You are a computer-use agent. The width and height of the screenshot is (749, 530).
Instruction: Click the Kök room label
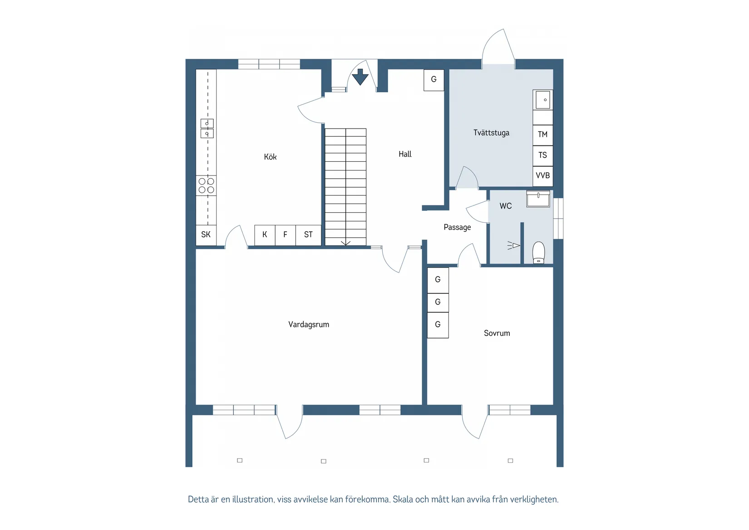click(270, 157)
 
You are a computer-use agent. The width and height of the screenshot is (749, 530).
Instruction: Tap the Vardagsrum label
click(309, 325)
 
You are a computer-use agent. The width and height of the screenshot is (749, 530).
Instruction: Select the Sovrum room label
click(497, 333)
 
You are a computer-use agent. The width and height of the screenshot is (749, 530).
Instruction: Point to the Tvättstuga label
click(491, 133)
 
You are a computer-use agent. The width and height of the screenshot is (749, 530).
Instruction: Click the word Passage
click(457, 227)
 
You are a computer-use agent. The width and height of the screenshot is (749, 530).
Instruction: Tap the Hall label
click(405, 154)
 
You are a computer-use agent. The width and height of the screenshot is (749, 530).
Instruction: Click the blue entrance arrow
click(360, 77)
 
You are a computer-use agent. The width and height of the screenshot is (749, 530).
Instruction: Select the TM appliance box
click(543, 135)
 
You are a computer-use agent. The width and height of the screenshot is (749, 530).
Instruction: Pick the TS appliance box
click(543, 155)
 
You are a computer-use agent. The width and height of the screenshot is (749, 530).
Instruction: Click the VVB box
click(543, 176)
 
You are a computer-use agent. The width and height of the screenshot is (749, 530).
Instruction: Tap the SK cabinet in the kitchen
click(206, 235)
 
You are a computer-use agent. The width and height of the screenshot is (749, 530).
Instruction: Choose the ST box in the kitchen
click(308, 235)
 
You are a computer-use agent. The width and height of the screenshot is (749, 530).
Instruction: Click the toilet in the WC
click(539, 252)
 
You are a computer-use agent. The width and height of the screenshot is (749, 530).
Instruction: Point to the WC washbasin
click(538, 199)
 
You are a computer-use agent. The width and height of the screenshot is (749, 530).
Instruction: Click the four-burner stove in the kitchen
click(206, 185)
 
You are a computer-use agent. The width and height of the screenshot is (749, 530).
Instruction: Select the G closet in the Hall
click(434, 80)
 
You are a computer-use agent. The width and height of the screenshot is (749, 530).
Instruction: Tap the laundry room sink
click(543, 100)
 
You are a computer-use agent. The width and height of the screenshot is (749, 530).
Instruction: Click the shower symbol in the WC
click(513, 246)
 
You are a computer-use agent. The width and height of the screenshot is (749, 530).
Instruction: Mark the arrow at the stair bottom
click(345, 243)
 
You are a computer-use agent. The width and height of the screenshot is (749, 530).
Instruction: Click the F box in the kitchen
click(285, 235)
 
